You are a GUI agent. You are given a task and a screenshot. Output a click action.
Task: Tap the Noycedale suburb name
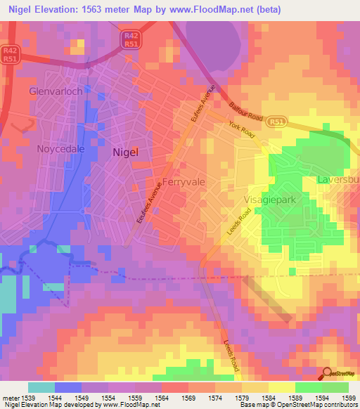60,149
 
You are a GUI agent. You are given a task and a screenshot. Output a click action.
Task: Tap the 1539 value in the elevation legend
28,397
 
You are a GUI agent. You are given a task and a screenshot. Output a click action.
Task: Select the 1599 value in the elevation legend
349,397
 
